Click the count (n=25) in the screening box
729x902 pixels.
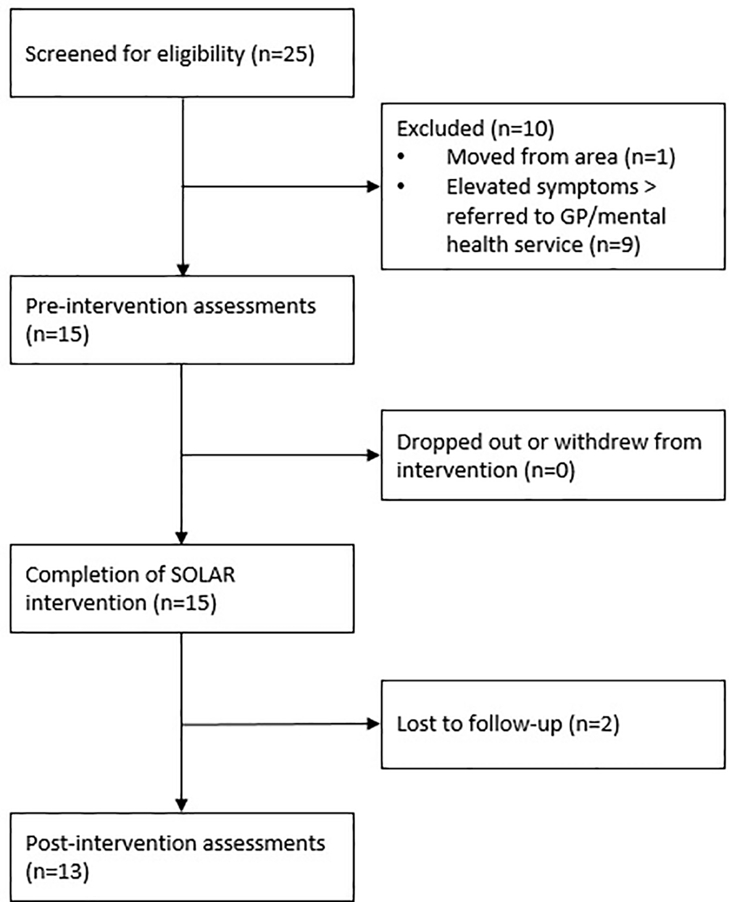(283, 54)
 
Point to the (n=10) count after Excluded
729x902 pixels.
(522, 129)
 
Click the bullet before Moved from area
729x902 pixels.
(401, 157)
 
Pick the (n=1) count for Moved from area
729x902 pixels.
(649, 157)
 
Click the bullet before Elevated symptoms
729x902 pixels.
(401, 186)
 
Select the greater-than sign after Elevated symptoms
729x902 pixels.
(649, 186)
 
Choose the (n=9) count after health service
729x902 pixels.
(614, 245)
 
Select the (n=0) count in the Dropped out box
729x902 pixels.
(549, 471)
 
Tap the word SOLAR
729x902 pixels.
(203, 575)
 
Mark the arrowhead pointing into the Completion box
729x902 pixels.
(182, 537)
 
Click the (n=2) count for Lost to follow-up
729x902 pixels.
(593, 723)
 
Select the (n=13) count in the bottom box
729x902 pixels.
(57, 872)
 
